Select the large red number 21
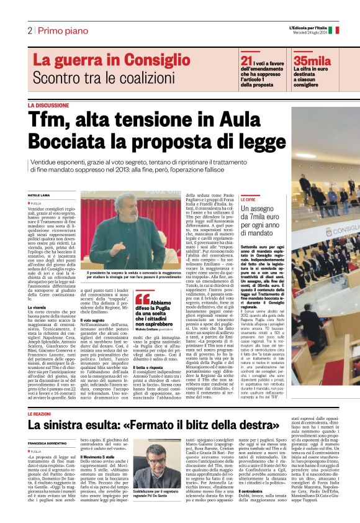tap(246, 60)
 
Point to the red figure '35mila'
tap(312, 60)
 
